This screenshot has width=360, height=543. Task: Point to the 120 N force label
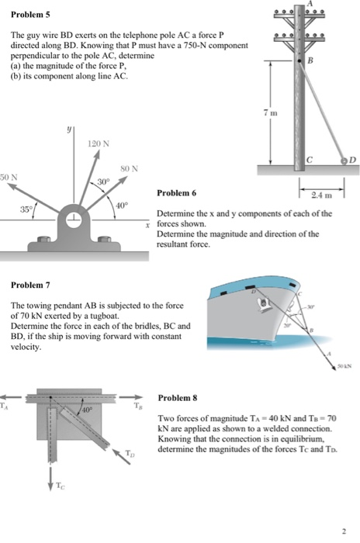tap(99, 144)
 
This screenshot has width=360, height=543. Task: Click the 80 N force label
tap(128, 168)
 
